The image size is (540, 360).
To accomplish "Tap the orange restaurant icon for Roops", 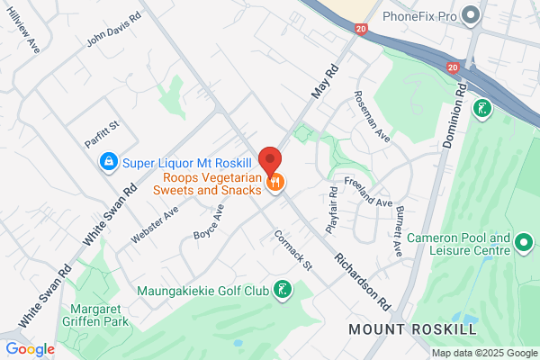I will point(276,182).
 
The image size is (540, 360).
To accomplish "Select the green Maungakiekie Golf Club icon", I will point(283,290).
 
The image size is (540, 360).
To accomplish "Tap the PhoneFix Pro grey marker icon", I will point(469,15).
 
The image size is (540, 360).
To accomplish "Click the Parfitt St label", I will point(102,125).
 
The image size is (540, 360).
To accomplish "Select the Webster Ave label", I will point(155,221).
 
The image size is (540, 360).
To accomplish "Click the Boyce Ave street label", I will point(207,220).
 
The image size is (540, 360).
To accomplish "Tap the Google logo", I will point(30,348).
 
